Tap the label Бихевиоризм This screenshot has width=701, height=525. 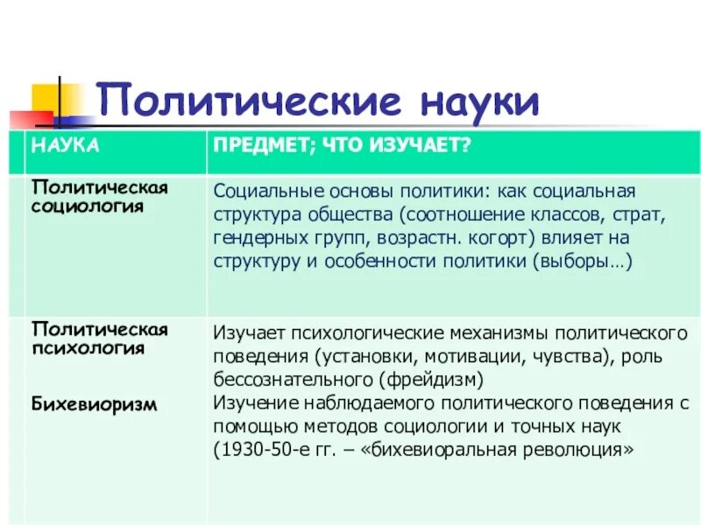[x=95, y=404]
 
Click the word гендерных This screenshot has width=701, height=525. [x=251, y=237]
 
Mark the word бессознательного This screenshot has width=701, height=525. [x=294, y=379]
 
